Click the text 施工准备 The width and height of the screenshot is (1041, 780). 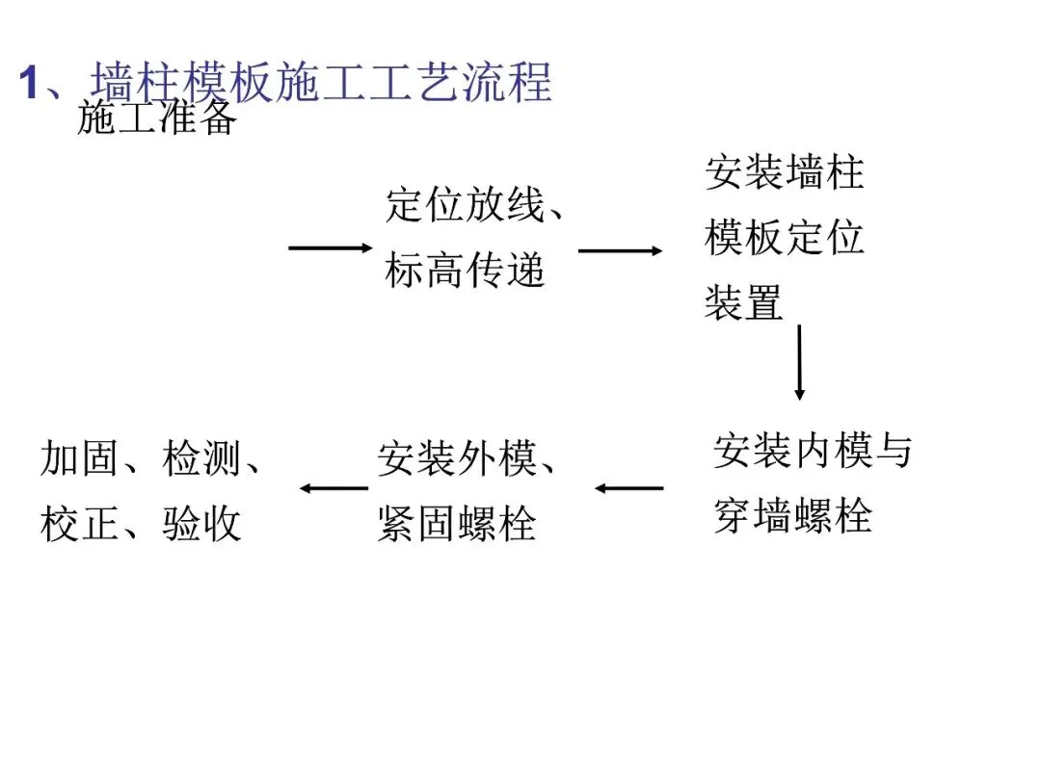coord(156,118)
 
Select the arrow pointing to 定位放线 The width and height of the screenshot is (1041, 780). coord(330,248)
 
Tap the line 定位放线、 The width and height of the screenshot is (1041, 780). coord(475,205)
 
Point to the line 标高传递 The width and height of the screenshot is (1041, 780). coord(465,271)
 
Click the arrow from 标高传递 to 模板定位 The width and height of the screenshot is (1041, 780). coord(620,251)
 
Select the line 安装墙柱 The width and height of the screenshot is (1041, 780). coord(785,172)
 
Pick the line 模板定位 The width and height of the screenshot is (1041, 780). coord(785,237)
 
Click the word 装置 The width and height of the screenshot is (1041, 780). coord(743,302)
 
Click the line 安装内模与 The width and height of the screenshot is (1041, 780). coord(812,451)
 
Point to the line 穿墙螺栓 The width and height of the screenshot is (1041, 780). coord(792,516)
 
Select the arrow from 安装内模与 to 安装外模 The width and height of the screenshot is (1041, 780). coord(628,488)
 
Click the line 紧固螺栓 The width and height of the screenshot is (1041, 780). coord(456,525)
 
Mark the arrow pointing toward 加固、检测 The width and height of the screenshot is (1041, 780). coord(334,488)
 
